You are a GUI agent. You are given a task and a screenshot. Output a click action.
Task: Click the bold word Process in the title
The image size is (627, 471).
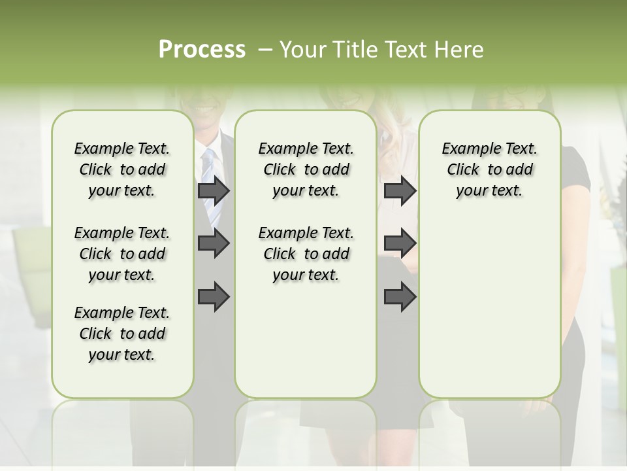(x=202, y=50)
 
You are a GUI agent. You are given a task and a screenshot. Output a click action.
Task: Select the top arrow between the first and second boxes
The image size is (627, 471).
(x=214, y=191)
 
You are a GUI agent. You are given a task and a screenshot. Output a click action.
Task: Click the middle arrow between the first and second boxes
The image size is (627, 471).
(x=214, y=243)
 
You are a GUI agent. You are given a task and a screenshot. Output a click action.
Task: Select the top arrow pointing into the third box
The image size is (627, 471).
(x=400, y=191)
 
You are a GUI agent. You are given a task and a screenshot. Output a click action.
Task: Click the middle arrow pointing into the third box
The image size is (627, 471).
(x=400, y=243)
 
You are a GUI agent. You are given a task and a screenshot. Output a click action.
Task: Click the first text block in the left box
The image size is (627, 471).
(x=122, y=169)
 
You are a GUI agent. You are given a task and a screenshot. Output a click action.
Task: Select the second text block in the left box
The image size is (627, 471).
(x=122, y=254)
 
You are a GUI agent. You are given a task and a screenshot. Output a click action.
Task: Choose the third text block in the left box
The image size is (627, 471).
(x=122, y=334)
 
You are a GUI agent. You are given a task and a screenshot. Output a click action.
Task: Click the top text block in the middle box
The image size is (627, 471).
(x=306, y=169)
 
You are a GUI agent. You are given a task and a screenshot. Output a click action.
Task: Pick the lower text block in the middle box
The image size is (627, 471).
(x=306, y=254)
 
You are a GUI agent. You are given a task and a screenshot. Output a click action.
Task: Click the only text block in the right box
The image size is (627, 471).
(x=489, y=169)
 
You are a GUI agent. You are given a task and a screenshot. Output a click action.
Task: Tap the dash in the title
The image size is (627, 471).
(x=265, y=50)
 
